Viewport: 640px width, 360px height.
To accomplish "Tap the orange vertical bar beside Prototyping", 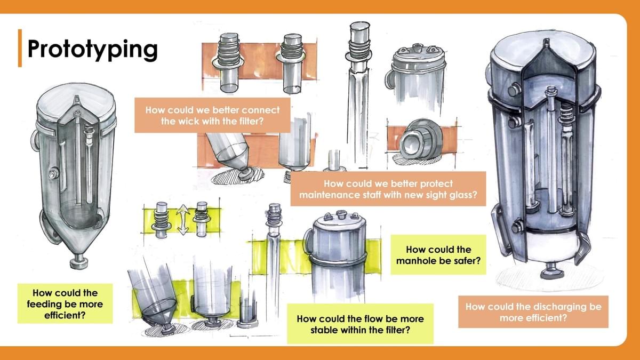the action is (x=20, y=48).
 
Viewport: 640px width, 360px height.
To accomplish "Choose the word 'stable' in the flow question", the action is (x=326, y=330).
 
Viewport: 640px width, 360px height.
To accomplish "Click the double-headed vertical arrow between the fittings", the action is (x=183, y=219).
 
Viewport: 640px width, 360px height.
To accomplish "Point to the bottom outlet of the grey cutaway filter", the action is (x=79, y=261).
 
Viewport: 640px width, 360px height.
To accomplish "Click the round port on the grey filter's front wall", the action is (x=53, y=173).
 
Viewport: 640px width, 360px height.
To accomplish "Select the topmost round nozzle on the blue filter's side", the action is (x=514, y=90).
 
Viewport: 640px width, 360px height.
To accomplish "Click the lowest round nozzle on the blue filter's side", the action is (x=517, y=226).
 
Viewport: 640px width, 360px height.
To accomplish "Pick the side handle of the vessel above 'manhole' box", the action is (x=308, y=241).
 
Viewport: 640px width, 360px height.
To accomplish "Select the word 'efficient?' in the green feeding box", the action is (x=65, y=315).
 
